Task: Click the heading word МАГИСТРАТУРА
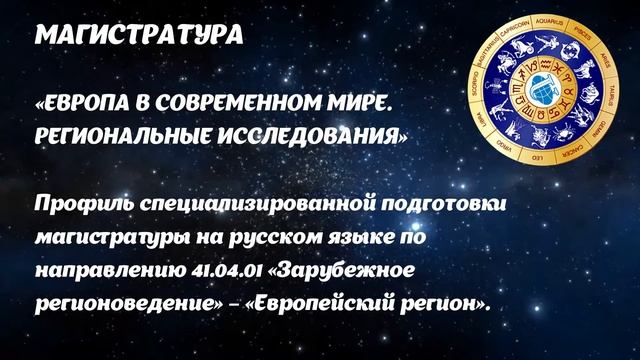(139, 35)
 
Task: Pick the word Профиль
(79, 206)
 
